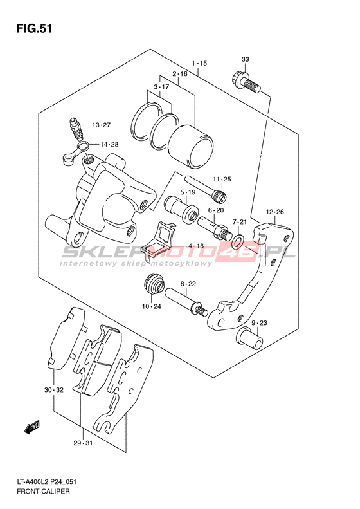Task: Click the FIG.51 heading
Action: click(34, 28)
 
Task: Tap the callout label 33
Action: click(245, 59)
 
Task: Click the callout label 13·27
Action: click(101, 125)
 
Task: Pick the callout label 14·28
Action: click(109, 145)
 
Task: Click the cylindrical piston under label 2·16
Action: click(190, 147)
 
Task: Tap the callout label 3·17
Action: click(161, 87)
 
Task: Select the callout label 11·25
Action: click(222, 179)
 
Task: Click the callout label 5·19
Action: click(188, 192)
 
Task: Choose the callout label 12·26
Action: click(274, 212)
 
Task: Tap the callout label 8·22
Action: click(188, 284)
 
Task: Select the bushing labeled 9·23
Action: click(249, 338)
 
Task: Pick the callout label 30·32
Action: click(54, 390)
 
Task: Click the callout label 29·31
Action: click(83, 443)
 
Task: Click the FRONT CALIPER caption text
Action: click(43, 491)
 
